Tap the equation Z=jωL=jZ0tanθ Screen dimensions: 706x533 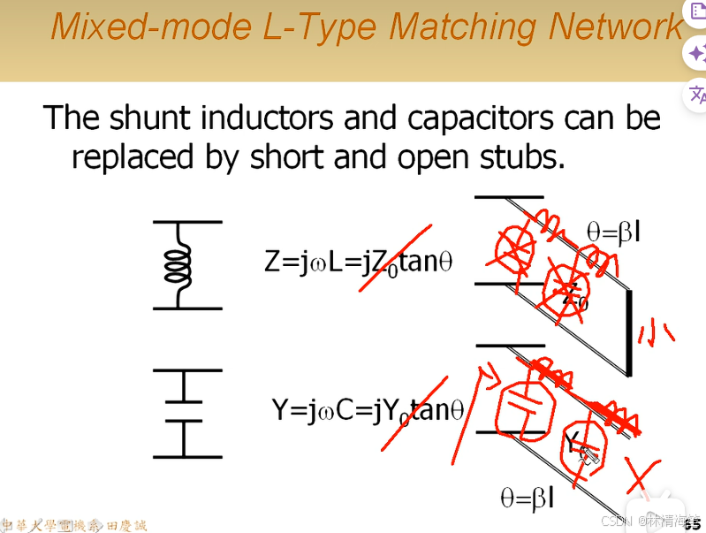tap(358, 262)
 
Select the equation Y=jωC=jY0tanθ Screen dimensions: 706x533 tap(367, 410)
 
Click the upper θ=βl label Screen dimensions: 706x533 tap(613, 232)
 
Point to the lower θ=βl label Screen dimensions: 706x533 tap(528, 499)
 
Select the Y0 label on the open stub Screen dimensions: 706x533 tap(575, 442)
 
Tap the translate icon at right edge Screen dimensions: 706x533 tap(696, 93)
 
